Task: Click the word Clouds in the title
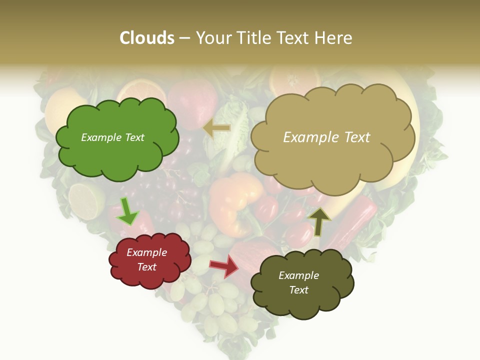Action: [147, 38]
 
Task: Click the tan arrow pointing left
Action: [216, 128]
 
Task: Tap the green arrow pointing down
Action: [127, 211]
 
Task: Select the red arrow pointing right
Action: [224, 265]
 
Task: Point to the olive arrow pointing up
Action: [319, 220]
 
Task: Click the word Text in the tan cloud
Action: [355, 137]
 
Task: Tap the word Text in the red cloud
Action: [147, 267]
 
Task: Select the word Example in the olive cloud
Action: [298, 275]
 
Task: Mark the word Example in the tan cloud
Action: [310, 137]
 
